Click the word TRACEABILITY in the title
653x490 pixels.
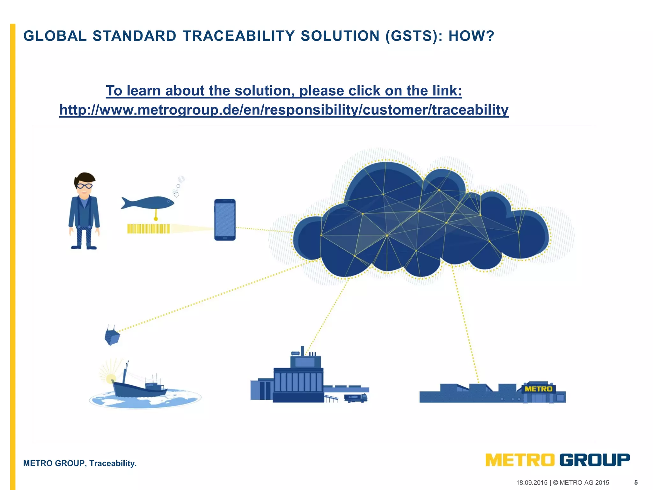tap(238, 36)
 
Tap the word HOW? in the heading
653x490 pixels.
tap(471, 36)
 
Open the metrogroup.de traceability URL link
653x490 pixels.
tap(284, 110)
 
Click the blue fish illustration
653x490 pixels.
tap(148, 203)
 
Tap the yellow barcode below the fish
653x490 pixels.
tap(148, 229)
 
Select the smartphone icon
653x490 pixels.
tap(225, 220)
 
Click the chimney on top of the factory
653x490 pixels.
tap(302, 350)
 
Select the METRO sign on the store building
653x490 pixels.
tap(538, 389)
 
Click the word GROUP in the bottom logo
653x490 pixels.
tap(595, 460)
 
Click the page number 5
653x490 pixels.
tap(636, 482)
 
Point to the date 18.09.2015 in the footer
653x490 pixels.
tap(532, 483)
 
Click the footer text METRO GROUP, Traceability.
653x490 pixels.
tap(80, 463)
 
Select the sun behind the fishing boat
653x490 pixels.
tap(111, 379)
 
